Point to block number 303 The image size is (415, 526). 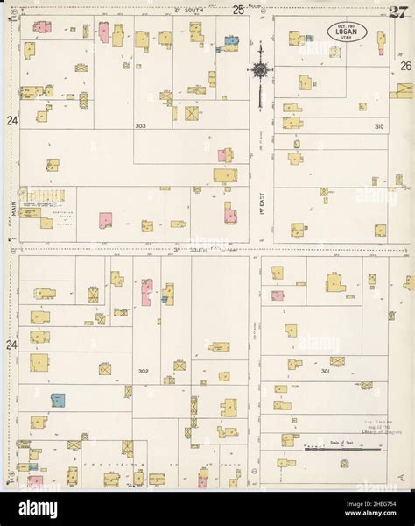pyautogui.click(x=140, y=126)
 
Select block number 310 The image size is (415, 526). pyautogui.click(x=378, y=127)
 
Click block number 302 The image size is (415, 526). pyautogui.click(x=143, y=372)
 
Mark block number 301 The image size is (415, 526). pyautogui.click(x=325, y=372)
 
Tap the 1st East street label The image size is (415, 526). pyautogui.click(x=261, y=211)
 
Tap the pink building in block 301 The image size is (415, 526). pyautogui.click(x=278, y=295)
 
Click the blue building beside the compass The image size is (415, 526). pyautogui.click(x=229, y=41)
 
